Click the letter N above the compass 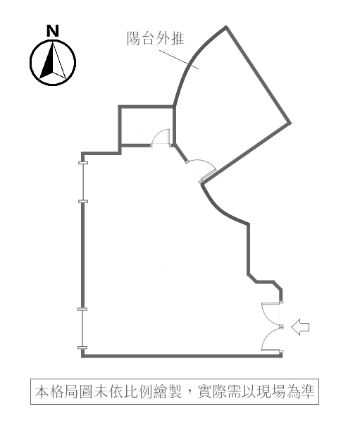point(53,31)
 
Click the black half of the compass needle point(47,63)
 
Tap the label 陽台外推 point(156,38)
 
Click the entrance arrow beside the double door point(300,326)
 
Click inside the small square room point(146,126)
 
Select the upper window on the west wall point(83,182)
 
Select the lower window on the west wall point(82,329)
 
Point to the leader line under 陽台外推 point(179,59)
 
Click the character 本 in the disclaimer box point(42,391)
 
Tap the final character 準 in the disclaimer point(308,391)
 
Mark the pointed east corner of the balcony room point(290,123)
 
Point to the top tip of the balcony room point(226,27)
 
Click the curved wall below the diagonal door point(221,209)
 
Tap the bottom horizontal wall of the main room point(182,356)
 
